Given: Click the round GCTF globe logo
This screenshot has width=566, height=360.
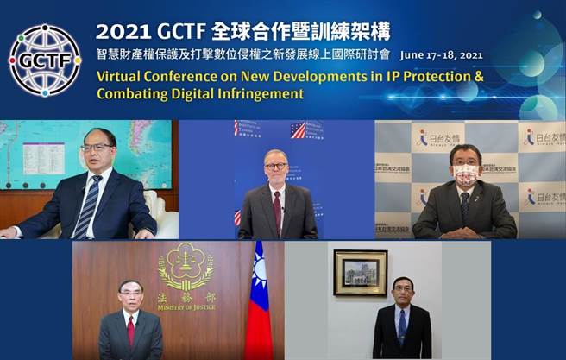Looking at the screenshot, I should (x=44, y=60).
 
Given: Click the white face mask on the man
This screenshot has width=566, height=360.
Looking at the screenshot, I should (x=465, y=176).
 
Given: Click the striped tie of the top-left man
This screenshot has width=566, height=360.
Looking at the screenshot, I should (x=85, y=206).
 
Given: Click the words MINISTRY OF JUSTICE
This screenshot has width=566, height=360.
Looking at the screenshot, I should (x=186, y=307).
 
